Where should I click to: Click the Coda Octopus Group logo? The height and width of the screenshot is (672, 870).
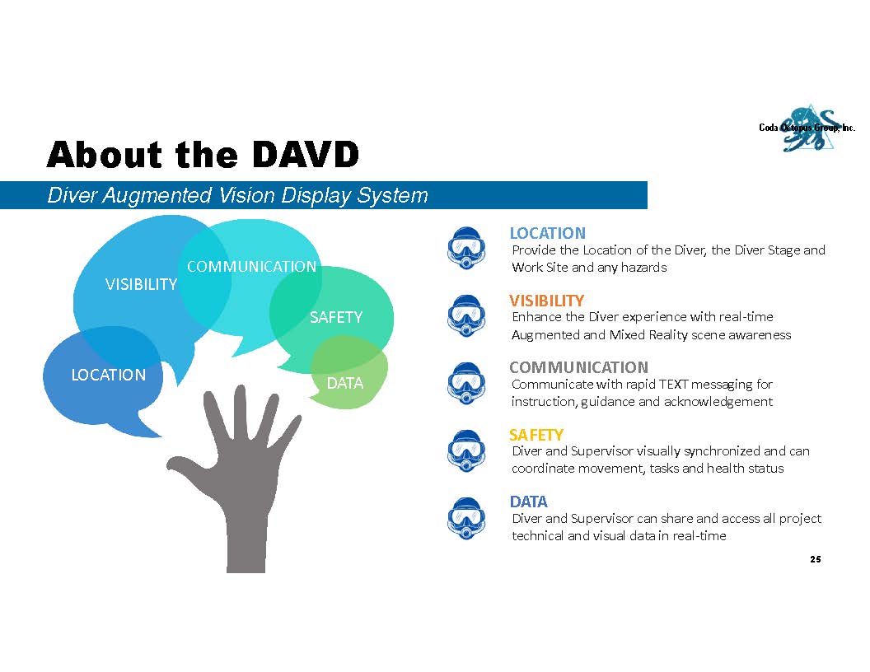pyautogui.click(x=807, y=128)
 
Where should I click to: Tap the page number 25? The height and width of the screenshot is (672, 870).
pyautogui.click(x=815, y=559)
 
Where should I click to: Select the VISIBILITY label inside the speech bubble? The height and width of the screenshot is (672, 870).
pyautogui.click(x=141, y=284)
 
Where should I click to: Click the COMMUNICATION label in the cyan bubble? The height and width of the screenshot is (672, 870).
pyautogui.click(x=251, y=267)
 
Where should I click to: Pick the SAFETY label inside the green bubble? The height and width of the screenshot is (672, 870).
pyautogui.click(x=335, y=317)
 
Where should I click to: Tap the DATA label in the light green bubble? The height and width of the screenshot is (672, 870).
pyautogui.click(x=344, y=383)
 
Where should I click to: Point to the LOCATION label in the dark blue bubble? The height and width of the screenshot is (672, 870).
pyautogui.click(x=108, y=375)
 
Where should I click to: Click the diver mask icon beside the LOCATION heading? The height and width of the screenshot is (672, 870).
pyautogui.click(x=466, y=248)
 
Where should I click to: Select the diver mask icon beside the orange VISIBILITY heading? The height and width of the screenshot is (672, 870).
pyautogui.click(x=466, y=315)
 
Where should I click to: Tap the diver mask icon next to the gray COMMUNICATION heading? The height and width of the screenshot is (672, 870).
pyautogui.click(x=466, y=383)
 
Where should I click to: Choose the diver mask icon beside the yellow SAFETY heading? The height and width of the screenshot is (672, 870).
pyautogui.click(x=466, y=450)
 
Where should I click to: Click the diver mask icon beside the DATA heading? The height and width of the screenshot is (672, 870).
pyautogui.click(x=466, y=519)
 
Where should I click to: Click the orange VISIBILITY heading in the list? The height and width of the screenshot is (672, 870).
pyautogui.click(x=546, y=301)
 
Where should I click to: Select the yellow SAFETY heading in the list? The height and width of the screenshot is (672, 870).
pyautogui.click(x=536, y=435)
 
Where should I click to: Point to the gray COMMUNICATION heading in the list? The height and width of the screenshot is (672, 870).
pyautogui.click(x=578, y=367)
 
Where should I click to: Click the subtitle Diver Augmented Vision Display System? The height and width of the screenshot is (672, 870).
pyautogui.click(x=237, y=196)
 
